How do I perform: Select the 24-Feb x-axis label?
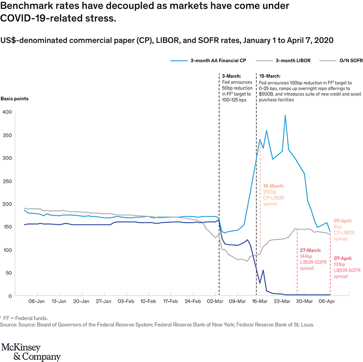(x=193, y=301)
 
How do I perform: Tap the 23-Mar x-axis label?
(x=283, y=301)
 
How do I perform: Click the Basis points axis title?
(x=15, y=98)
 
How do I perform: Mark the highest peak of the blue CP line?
(x=285, y=115)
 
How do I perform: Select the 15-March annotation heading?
(x=270, y=76)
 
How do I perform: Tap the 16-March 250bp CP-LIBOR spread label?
(x=273, y=194)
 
